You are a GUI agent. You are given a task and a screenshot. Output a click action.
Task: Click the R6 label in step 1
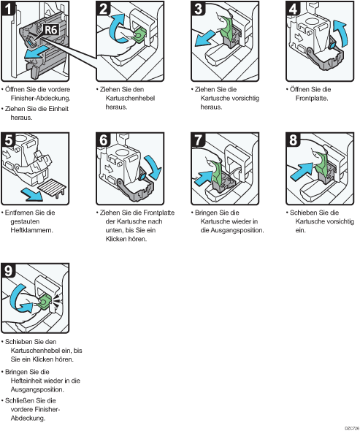[x=51, y=29]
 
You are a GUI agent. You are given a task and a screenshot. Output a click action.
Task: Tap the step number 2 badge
[x=103, y=8]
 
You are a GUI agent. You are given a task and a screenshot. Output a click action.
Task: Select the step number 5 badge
[x=8, y=140]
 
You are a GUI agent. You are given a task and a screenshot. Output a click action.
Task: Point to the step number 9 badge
[x=8, y=270]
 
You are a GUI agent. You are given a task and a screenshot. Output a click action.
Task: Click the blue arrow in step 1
[x=36, y=53]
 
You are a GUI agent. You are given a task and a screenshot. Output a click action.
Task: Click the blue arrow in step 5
[x=32, y=194]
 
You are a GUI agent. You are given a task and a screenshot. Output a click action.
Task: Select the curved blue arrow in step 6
[x=153, y=167]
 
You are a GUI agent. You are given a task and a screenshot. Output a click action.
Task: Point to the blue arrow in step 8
[x=301, y=172]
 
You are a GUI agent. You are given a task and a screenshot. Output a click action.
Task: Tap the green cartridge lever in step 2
[x=139, y=34]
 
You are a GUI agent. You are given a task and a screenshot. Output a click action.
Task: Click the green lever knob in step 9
[x=44, y=302]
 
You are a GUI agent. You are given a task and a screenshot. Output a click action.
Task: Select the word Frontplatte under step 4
[x=312, y=98]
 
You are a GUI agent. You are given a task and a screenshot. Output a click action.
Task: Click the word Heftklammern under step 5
[x=31, y=230]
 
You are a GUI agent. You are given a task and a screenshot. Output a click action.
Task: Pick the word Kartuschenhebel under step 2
[x=130, y=98]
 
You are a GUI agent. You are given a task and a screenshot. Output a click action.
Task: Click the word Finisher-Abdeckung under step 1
[x=41, y=98]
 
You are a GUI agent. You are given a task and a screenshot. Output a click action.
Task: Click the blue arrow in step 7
[x=203, y=178]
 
